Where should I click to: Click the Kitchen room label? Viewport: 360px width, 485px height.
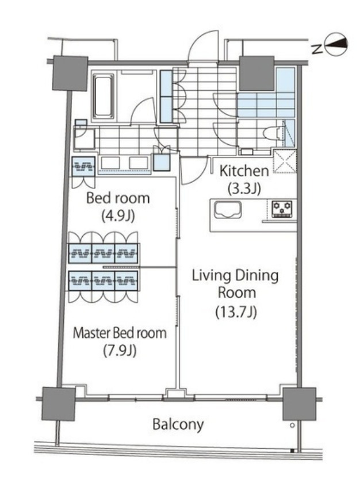[x=244, y=171]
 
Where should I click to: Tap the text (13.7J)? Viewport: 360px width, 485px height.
[x=236, y=311]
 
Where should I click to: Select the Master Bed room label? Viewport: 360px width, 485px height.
[x=120, y=333]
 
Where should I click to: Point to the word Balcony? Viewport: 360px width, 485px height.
[x=178, y=425]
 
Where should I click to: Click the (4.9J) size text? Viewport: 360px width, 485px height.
[x=118, y=216]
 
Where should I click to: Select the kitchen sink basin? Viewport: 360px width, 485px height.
[x=228, y=210]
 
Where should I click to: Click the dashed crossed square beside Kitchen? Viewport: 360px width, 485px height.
[x=285, y=161]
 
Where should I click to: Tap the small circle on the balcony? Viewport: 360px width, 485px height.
[x=292, y=426]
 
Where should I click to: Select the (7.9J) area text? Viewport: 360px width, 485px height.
[x=120, y=351]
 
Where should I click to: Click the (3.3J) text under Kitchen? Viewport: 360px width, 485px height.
[x=244, y=188]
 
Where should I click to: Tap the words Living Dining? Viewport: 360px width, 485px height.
[x=235, y=275]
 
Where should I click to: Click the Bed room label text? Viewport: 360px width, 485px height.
[x=118, y=198]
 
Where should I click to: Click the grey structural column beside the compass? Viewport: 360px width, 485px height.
[x=257, y=74]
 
